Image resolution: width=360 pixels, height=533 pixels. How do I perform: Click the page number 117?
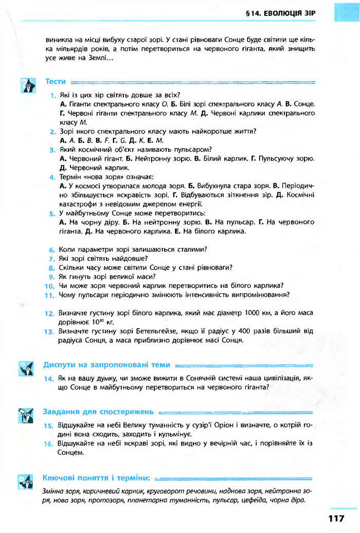tap(334, 518)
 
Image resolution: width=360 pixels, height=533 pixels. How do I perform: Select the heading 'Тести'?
tap(56, 81)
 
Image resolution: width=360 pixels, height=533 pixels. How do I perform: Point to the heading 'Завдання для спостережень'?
tap(98, 412)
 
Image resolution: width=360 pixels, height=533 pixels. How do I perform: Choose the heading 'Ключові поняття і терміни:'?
tap(96, 478)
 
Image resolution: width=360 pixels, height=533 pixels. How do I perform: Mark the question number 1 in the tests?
tap(53, 95)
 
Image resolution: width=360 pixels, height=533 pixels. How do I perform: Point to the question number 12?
tap(49, 313)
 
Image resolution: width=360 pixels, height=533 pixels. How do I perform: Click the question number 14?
tap(49, 379)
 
